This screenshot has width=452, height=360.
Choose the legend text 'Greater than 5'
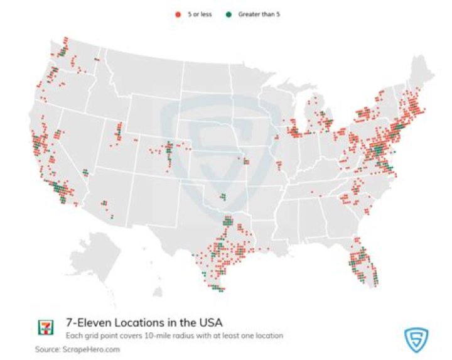tap(259, 13)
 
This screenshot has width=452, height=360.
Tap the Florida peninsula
tap(364, 264)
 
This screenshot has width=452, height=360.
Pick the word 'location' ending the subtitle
tap(269, 335)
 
